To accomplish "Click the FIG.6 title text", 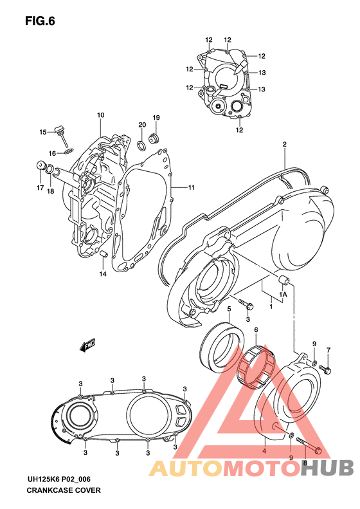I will click(40, 21).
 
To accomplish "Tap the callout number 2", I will click(283, 145).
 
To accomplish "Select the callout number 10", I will click(101, 115).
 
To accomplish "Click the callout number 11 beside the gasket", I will click(191, 187).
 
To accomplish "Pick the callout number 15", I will click(42, 132).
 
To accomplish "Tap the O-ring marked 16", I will click(70, 152).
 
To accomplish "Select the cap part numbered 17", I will click(43, 167).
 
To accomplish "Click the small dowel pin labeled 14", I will click(102, 257).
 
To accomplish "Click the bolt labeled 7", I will click(327, 369).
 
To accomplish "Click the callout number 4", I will click(264, 450).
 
